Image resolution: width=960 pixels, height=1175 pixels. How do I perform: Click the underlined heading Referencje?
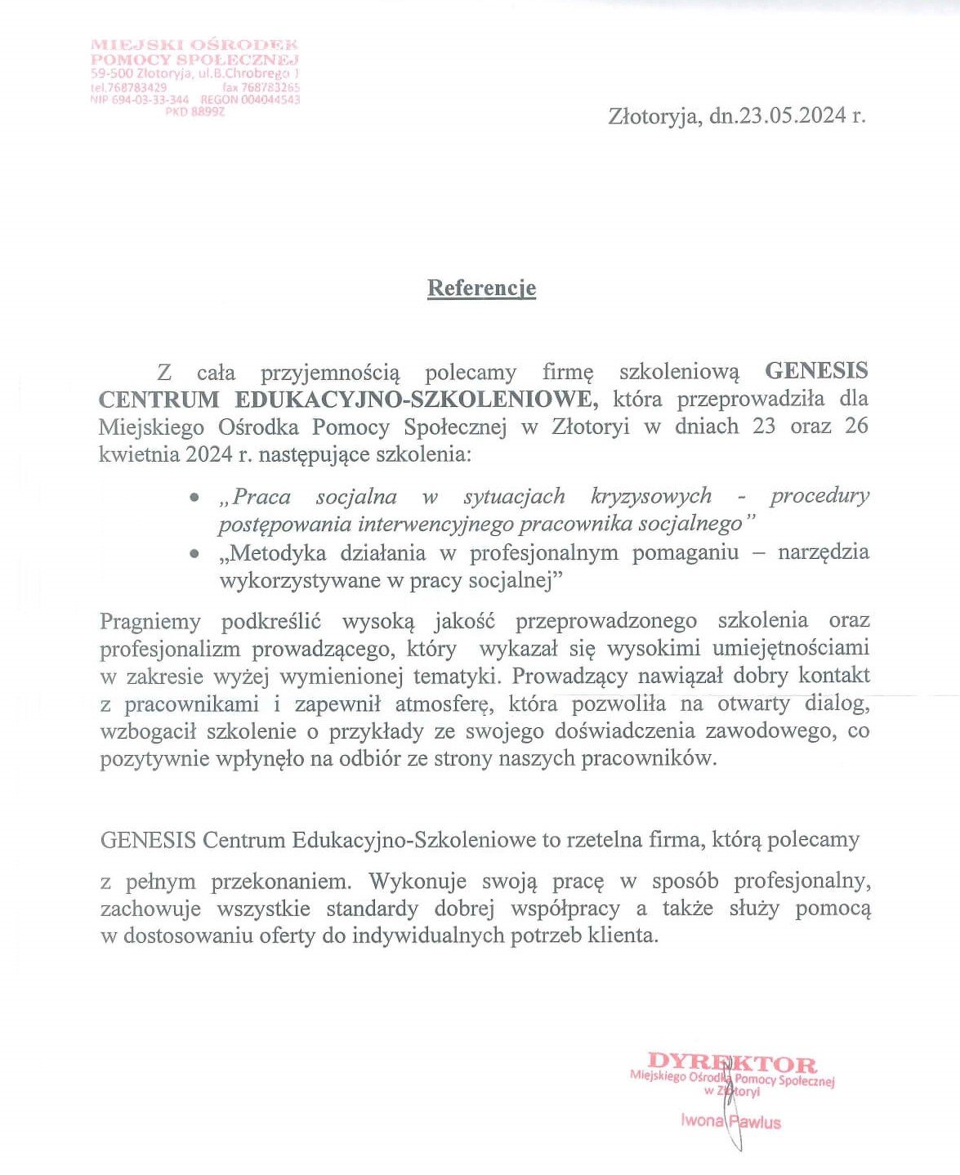(x=481, y=288)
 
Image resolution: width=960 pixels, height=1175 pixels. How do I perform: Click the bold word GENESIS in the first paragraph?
(x=815, y=372)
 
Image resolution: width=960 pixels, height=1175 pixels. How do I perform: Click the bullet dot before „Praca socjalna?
(x=194, y=497)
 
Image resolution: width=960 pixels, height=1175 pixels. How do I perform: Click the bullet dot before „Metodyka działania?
(x=194, y=553)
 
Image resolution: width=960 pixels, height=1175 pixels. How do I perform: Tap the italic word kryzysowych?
(x=650, y=496)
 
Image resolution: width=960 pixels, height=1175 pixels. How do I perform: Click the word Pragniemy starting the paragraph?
(x=150, y=621)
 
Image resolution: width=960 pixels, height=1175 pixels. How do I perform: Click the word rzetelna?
(x=602, y=840)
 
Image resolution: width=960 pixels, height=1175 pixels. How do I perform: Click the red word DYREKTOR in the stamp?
(x=731, y=1064)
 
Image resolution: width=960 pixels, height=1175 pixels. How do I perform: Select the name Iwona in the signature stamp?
(x=702, y=1121)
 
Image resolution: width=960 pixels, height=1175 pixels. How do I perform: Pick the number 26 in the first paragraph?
(x=856, y=426)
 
